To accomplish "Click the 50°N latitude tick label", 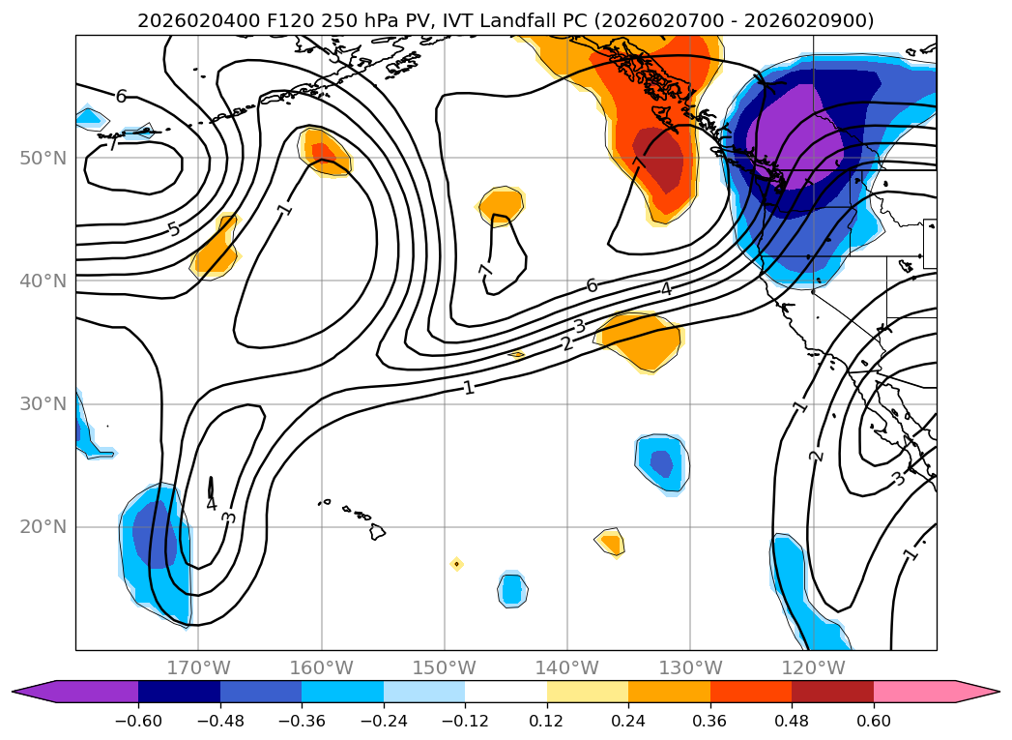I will coord(43,158).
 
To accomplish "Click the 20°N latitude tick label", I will coord(43,527).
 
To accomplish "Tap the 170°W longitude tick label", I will coord(198,667).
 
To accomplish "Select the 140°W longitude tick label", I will coord(567,667).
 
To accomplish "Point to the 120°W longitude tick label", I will coord(813,667).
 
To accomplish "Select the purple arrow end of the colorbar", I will coord(34,692).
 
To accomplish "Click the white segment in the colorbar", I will coord(506,692).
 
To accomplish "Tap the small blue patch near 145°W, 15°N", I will coord(511,588).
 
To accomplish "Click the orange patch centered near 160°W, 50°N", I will coord(326,153).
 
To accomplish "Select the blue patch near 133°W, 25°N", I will coord(661,461).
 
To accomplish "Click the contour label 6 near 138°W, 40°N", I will coord(592,285).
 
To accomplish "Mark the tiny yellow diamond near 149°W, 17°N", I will coord(456,564).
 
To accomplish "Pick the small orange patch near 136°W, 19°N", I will coord(610,542).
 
